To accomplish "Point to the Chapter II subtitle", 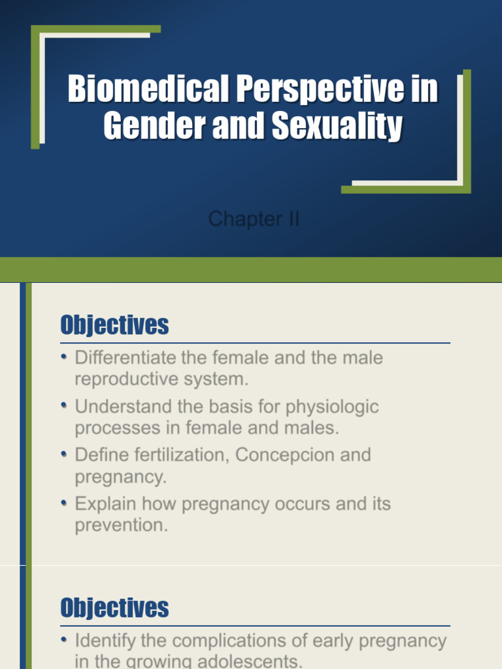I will (254, 219).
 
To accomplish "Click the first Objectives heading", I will (114, 325).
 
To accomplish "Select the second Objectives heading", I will (114, 608).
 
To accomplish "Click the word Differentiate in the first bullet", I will (125, 358).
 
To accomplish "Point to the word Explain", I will (105, 504).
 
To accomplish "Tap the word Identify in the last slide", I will (105, 641).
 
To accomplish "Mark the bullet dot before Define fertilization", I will (64, 453).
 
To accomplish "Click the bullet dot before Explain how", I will (64, 502).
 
